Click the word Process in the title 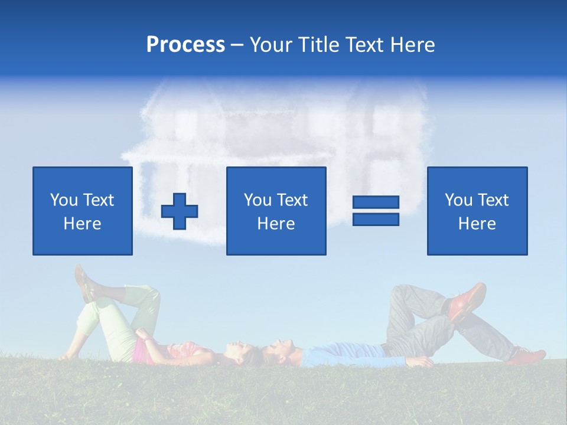pyautogui.click(x=185, y=45)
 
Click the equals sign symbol pyautogui.click(x=376, y=211)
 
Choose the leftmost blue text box pyautogui.click(x=83, y=211)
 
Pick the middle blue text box pyautogui.click(x=276, y=211)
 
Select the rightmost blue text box pyautogui.click(x=477, y=211)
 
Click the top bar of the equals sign pyautogui.click(x=376, y=202)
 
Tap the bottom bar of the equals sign pyautogui.click(x=376, y=219)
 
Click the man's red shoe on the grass pyautogui.click(x=527, y=356)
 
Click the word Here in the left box pyautogui.click(x=83, y=224)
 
